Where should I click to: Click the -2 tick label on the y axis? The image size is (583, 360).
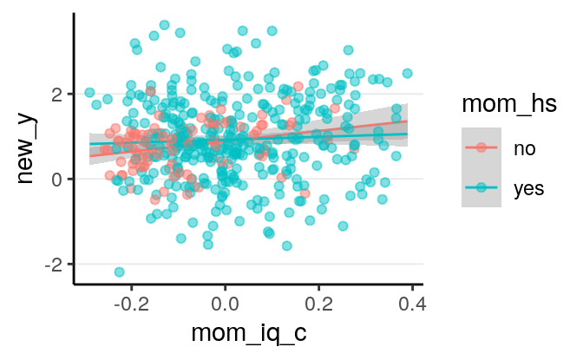(53, 264)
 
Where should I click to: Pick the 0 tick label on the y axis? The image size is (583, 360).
(57, 179)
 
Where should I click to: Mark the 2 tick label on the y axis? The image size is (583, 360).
(57, 94)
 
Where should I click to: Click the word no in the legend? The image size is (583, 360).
(523, 148)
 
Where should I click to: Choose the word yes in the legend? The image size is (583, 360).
(528, 188)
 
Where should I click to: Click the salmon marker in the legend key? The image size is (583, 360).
(481, 148)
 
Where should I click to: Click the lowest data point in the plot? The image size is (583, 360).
(119, 272)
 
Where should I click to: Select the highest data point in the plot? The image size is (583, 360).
(165, 25)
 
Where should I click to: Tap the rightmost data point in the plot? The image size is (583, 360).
(407, 73)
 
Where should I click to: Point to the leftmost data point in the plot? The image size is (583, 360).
(89, 92)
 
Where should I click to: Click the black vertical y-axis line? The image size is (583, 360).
(74, 147)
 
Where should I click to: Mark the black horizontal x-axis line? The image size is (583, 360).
(247, 283)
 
